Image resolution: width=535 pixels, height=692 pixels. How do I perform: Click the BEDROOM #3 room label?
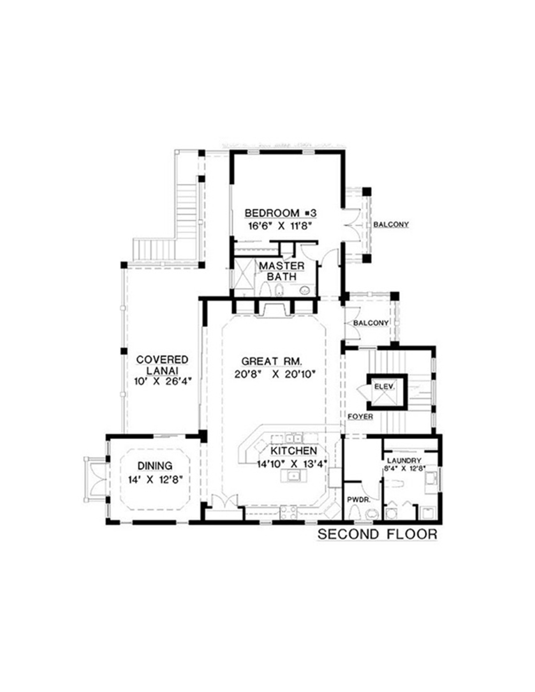coord(280,213)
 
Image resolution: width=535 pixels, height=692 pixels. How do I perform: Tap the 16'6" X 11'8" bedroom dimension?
coord(280,226)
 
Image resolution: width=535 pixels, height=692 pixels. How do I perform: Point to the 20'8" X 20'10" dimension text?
coord(272,374)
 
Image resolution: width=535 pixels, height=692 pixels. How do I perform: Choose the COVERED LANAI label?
coord(162,365)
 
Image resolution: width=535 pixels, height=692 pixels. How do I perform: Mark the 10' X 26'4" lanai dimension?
coord(162,381)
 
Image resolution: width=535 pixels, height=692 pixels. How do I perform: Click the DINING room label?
coord(154,466)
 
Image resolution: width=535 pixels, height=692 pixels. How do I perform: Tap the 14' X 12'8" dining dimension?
coord(155,480)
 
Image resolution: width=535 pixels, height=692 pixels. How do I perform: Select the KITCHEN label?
coord(293,451)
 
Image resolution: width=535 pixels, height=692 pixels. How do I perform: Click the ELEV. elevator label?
coord(384,386)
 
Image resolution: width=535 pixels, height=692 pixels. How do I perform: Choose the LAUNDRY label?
coord(404,459)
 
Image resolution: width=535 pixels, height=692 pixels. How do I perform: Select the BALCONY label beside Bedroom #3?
coord(391,225)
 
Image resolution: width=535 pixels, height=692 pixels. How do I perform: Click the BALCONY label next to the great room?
coord(370,323)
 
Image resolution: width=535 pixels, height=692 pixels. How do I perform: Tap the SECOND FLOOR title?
coord(378,534)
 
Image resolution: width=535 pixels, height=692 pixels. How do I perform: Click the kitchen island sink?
coord(294,475)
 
